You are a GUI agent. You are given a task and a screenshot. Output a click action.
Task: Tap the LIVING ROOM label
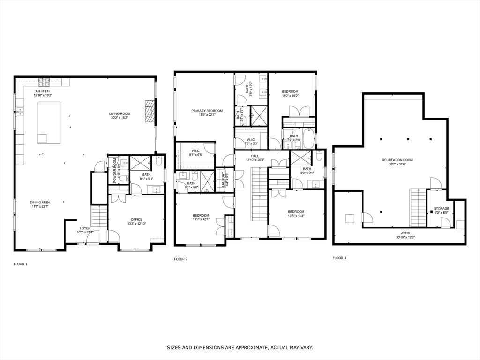[x=120, y=113]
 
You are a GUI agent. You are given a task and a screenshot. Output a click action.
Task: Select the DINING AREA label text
[x=40, y=202]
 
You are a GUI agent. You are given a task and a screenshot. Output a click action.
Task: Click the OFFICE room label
[x=136, y=219]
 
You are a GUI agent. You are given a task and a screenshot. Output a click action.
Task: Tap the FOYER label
[x=85, y=228]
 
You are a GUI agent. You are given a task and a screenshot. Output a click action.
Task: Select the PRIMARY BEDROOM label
[x=207, y=111]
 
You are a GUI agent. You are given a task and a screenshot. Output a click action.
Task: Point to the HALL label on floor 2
[x=255, y=156]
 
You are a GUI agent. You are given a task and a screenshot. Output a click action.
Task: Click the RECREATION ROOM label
[x=396, y=160]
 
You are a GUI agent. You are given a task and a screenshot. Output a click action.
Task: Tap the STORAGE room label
[x=441, y=208]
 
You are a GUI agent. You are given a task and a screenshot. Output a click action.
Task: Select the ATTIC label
[x=405, y=232]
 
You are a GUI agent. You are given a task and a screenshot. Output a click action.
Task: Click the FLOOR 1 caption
[x=20, y=264]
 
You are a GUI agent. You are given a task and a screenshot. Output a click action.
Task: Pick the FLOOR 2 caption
[x=180, y=259]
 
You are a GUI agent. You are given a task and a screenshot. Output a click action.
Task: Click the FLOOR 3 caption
[x=339, y=258]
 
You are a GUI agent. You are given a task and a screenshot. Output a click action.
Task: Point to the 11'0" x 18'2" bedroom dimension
[x=290, y=96]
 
